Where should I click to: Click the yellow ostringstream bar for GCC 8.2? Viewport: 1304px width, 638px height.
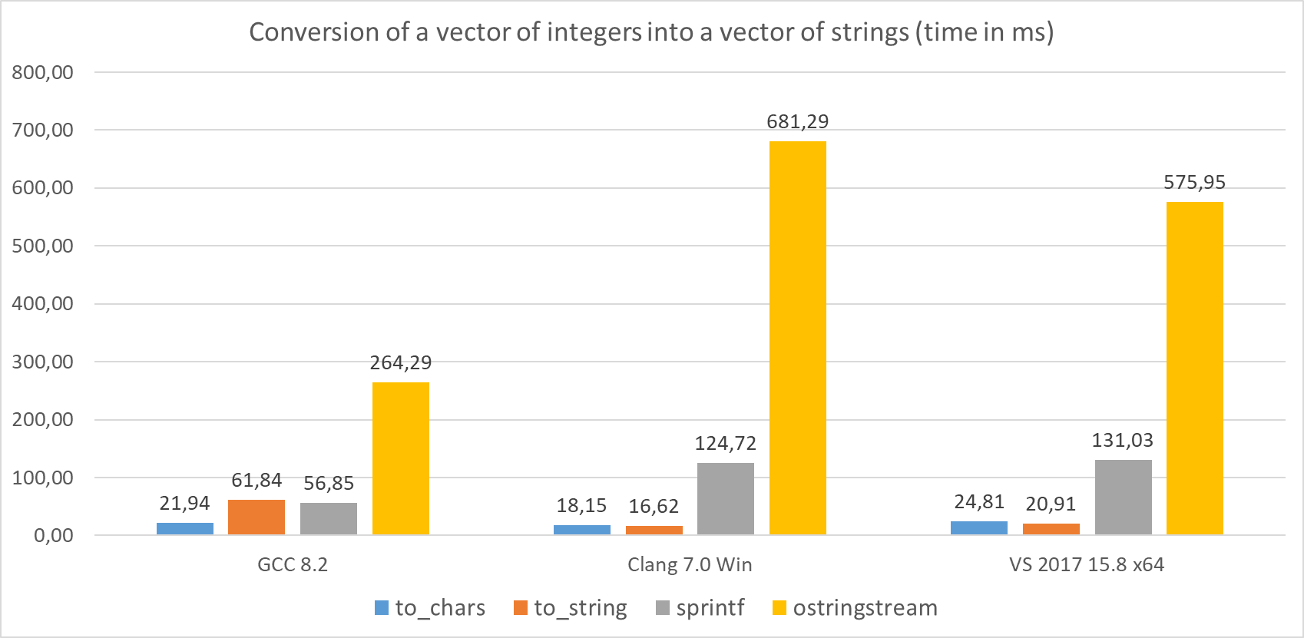[401, 458]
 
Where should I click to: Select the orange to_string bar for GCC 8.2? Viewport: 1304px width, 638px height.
[256, 517]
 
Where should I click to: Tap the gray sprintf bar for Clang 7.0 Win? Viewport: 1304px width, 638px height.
[726, 499]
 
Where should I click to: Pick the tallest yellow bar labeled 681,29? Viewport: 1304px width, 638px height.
[798, 338]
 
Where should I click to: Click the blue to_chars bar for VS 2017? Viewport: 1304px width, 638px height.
[979, 528]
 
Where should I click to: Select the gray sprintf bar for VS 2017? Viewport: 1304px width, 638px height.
[1124, 498]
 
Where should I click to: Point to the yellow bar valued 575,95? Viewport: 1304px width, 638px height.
[1195, 369]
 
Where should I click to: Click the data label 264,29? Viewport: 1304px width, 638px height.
[401, 362]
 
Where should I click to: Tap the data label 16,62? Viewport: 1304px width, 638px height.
[654, 507]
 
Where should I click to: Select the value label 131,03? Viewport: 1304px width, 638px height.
[1123, 441]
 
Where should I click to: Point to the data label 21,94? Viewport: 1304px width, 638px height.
[184, 504]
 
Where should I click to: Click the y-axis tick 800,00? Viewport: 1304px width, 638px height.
[43, 73]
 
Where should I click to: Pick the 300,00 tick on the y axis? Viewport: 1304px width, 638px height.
[43, 362]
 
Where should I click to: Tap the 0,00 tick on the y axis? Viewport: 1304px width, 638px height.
[54, 536]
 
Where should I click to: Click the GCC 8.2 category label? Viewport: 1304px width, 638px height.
[293, 565]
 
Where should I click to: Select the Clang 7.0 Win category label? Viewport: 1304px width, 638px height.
[690, 565]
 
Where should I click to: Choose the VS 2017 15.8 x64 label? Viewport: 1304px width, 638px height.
[1087, 565]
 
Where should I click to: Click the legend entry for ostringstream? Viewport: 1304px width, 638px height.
[865, 608]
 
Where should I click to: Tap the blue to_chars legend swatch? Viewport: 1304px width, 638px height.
[382, 608]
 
